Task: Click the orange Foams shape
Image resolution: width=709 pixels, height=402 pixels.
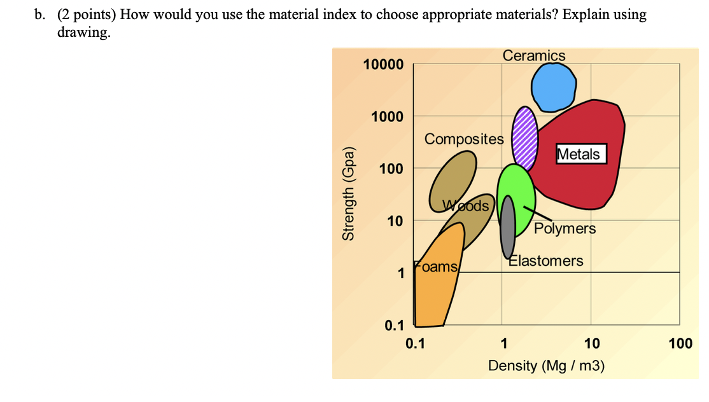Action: [x=433, y=286]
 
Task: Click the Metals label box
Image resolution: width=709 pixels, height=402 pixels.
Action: [x=579, y=154]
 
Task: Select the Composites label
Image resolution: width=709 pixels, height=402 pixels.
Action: [x=464, y=139]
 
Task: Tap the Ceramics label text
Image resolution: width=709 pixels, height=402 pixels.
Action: [x=534, y=56]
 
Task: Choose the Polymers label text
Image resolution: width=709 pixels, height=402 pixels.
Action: [x=565, y=228]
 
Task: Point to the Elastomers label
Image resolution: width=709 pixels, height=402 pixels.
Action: [x=546, y=261]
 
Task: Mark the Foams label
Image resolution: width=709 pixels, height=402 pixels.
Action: [x=436, y=267]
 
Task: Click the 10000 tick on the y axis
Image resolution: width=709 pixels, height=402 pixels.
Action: [x=383, y=65]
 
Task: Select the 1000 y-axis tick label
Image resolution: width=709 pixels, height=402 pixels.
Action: [x=388, y=116]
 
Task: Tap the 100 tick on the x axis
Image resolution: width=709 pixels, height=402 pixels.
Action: [x=680, y=344]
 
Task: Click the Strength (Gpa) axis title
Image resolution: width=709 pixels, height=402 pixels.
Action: [x=348, y=200]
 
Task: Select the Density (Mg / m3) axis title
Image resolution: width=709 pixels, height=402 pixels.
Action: [x=546, y=366]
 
